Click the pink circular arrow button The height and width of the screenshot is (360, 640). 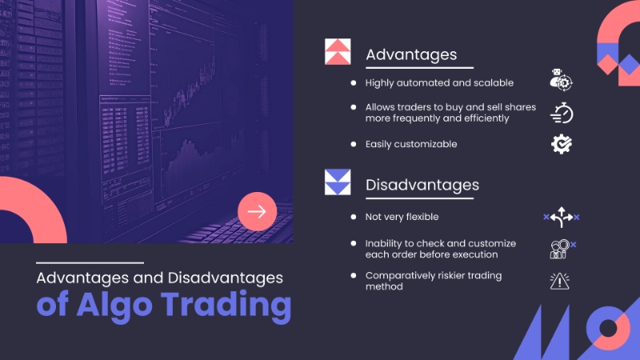(x=257, y=211)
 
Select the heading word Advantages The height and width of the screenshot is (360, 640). (x=411, y=54)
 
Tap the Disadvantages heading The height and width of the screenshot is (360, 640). (x=422, y=185)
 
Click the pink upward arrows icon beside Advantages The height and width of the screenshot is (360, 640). (x=338, y=51)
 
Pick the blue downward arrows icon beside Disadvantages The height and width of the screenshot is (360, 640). (x=338, y=182)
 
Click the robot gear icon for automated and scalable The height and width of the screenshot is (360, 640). (x=562, y=79)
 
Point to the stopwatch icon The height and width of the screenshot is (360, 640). (x=562, y=113)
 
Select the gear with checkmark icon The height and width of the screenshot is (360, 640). (x=562, y=144)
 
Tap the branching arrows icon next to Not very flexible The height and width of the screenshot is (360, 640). (x=562, y=217)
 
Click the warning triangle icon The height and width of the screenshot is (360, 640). (x=559, y=282)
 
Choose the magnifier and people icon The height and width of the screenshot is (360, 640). (x=562, y=249)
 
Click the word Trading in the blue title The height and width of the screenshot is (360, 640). (x=226, y=305)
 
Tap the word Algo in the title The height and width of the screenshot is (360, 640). (x=114, y=305)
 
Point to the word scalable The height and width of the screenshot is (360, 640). (x=494, y=83)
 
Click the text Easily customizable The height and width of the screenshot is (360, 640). (x=411, y=144)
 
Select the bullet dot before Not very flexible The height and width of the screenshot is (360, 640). (x=354, y=217)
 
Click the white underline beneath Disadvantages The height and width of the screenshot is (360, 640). (x=419, y=198)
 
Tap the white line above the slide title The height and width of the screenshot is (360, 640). (x=90, y=263)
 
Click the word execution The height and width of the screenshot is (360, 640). (x=476, y=254)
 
